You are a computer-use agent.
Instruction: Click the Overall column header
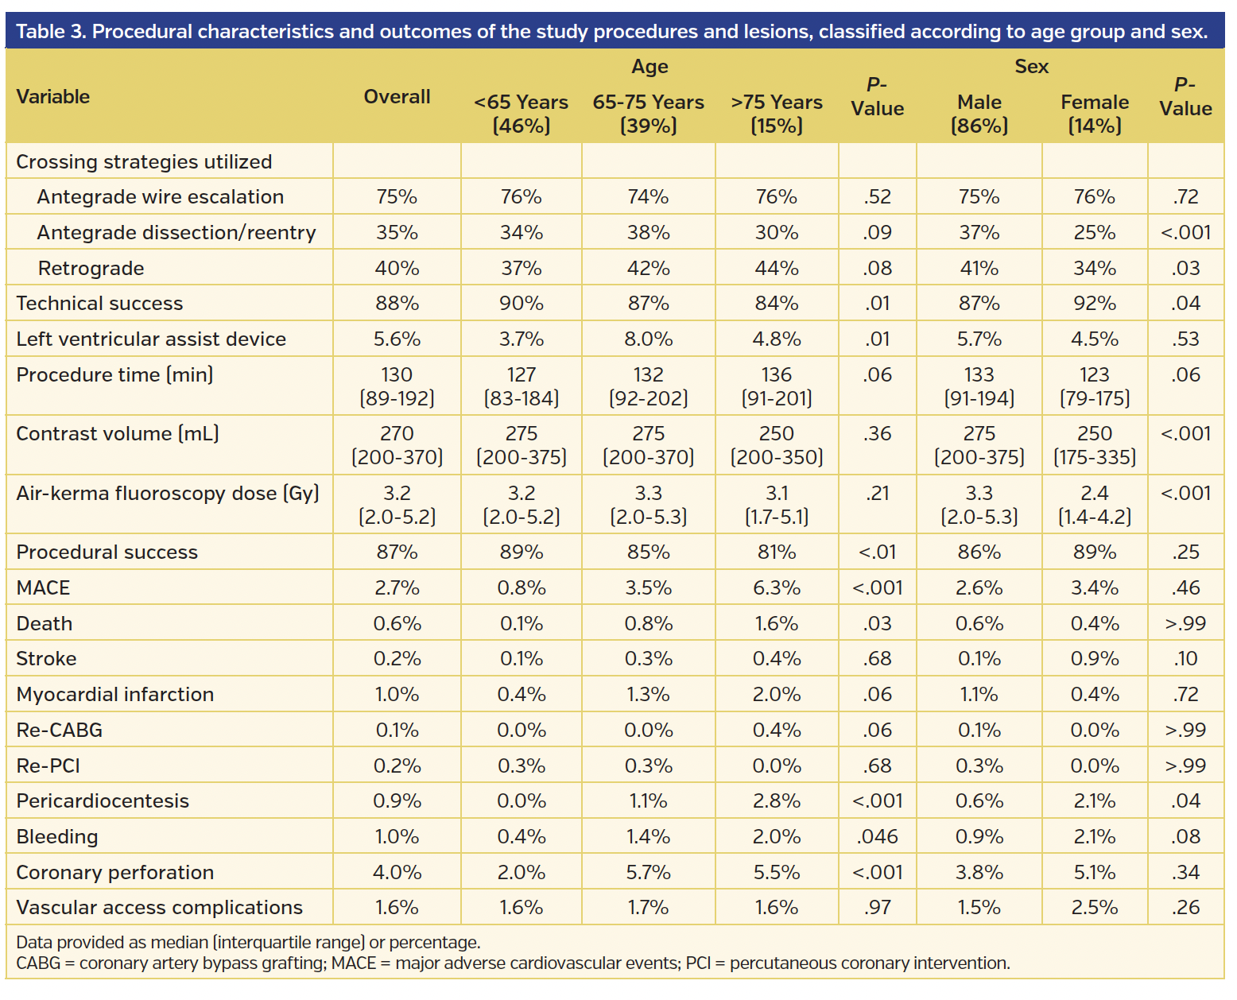click(x=397, y=97)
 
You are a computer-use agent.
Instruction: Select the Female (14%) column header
click(x=1094, y=114)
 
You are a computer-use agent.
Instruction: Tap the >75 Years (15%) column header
click(x=776, y=114)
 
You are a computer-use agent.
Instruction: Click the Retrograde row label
click(x=91, y=269)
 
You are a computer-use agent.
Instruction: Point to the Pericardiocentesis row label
click(x=103, y=801)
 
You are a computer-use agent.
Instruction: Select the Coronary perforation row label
click(x=114, y=873)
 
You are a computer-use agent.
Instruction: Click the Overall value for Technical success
click(x=397, y=304)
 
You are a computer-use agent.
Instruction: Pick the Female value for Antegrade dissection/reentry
click(x=1094, y=233)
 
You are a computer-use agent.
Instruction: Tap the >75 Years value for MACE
click(x=776, y=588)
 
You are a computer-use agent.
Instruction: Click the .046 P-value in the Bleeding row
click(x=877, y=837)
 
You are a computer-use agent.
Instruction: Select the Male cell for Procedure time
click(x=979, y=386)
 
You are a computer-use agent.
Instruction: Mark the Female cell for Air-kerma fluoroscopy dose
click(x=1094, y=505)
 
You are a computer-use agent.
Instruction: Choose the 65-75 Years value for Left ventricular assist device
click(x=648, y=339)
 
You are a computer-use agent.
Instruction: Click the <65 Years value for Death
click(x=521, y=624)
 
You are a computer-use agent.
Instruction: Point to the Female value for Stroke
click(x=1094, y=659)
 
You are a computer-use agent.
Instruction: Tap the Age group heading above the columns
click(x=649, y=67)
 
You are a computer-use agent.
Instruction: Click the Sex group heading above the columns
click(x=1031, y=67)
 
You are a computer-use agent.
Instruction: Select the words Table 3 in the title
click(x=49, y=32)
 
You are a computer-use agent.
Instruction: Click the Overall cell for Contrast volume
click(x=397, y=445)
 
